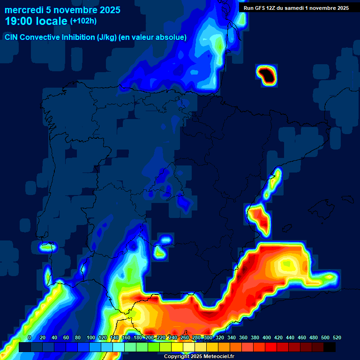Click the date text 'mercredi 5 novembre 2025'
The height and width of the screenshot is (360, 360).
pyautogui.click(x=62, y=10)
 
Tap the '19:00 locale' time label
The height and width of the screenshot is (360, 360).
pyautogui.click(x=37, y=21)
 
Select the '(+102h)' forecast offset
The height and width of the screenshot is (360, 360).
pyautogui.click(x=83, y=21)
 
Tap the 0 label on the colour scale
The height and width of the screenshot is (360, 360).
pyautogui.click(x=30, y=337)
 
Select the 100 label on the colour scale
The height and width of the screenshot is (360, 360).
pyautogui.click(x=91, y=337)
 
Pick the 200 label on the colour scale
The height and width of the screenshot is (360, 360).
pyautogui.click(x=150, y=337)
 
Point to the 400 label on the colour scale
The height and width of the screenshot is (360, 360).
pyautogui.click(x=267, y=337)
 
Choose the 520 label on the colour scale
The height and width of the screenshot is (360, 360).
pyautogui.click(x=337, y=337)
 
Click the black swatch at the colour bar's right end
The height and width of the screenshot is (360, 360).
pyautogui.click(x=329, y=347)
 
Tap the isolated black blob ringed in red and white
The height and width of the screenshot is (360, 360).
pyautogui.click(x=266, y=74)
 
